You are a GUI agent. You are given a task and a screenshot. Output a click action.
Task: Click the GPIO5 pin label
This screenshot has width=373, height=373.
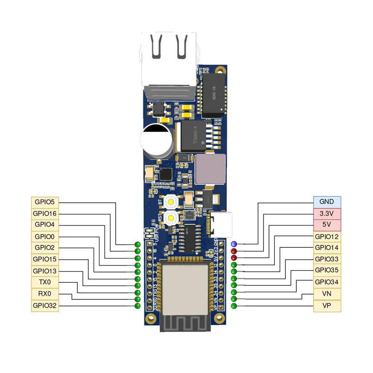45,202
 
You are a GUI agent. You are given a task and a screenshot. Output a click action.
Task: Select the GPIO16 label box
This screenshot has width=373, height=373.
45,213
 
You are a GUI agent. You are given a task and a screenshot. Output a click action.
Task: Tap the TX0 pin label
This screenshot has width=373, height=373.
45,282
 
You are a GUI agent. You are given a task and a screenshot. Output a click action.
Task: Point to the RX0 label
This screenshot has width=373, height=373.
45,294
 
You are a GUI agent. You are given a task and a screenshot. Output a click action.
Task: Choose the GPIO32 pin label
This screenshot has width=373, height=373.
45,305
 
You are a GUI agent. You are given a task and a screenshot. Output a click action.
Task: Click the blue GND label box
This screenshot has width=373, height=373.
327,202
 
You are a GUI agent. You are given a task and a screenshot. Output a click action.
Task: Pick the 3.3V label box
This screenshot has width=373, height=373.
327,213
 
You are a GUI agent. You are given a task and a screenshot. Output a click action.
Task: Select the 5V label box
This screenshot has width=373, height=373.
327,225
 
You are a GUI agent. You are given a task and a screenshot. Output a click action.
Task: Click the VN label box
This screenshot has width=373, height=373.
327,294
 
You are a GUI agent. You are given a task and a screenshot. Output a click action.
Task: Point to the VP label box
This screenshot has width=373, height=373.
327,305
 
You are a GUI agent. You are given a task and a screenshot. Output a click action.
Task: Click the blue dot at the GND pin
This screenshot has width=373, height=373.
234,244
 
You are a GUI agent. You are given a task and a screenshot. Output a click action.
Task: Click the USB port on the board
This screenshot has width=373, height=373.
221,225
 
